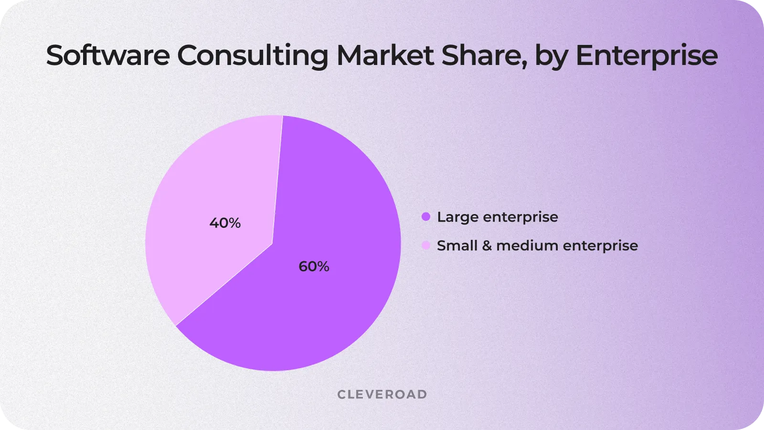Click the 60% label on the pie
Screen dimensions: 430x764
(314, 267)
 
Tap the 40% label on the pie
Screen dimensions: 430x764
(225, 223)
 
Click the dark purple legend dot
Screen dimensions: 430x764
(426, 217)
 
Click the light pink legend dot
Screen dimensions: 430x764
(426, 246)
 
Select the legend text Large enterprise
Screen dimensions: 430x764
(497, 217)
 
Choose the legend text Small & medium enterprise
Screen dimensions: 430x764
(537, 246)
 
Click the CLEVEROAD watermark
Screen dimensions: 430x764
(382, 395)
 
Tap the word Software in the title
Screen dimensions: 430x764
(108, 55)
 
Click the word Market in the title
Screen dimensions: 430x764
(385, 55)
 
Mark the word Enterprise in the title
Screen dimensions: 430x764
(647, 55)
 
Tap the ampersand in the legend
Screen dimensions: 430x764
(487, 246)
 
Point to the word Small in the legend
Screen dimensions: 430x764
(457, 246)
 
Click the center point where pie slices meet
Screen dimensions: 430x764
(273, 244)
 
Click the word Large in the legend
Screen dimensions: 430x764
(457, 217)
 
